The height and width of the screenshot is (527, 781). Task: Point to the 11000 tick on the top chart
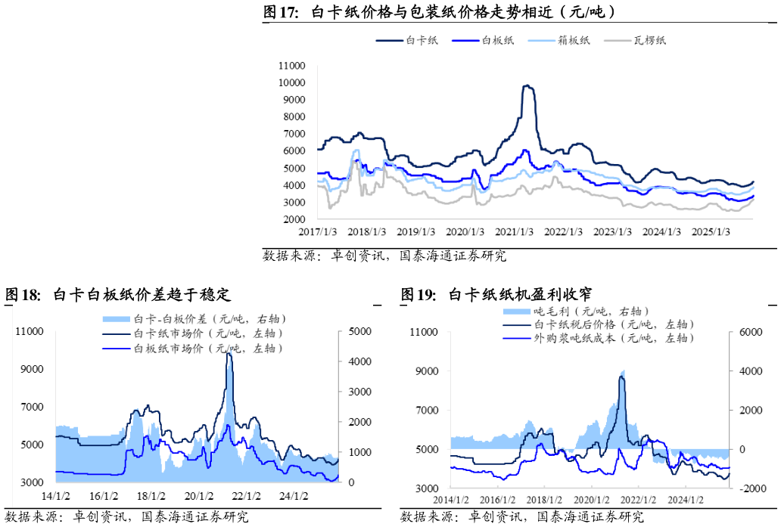coord(291,66)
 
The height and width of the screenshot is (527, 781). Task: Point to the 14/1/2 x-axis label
coord(55,496)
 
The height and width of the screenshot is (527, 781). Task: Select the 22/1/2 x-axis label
coord(247,496)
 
